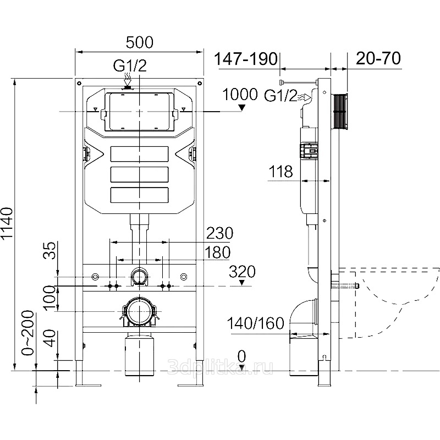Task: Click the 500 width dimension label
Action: point(140,42)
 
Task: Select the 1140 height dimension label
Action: point(7,223)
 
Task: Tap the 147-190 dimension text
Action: point(246,59)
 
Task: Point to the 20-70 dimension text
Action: point(378,58)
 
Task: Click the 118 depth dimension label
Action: point(280,171)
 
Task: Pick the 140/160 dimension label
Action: point(255,323)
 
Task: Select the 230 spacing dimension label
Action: point(219,233)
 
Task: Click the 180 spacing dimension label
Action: point(217,252)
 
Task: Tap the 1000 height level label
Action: point(240,94)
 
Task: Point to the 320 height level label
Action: point(242,272)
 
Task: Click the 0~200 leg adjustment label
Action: point(28,333)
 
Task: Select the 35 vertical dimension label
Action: point(50,251)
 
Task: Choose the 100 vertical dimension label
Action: point(50,298)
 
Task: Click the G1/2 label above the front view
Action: point(130,65)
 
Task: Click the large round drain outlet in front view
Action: point(139,312)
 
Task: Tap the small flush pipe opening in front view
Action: point(139,276)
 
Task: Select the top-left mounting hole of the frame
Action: point(79,83)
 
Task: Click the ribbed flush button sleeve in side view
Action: point(340,112)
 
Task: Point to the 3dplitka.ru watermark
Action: point(221,366)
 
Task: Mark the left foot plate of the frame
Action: point(88,384)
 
